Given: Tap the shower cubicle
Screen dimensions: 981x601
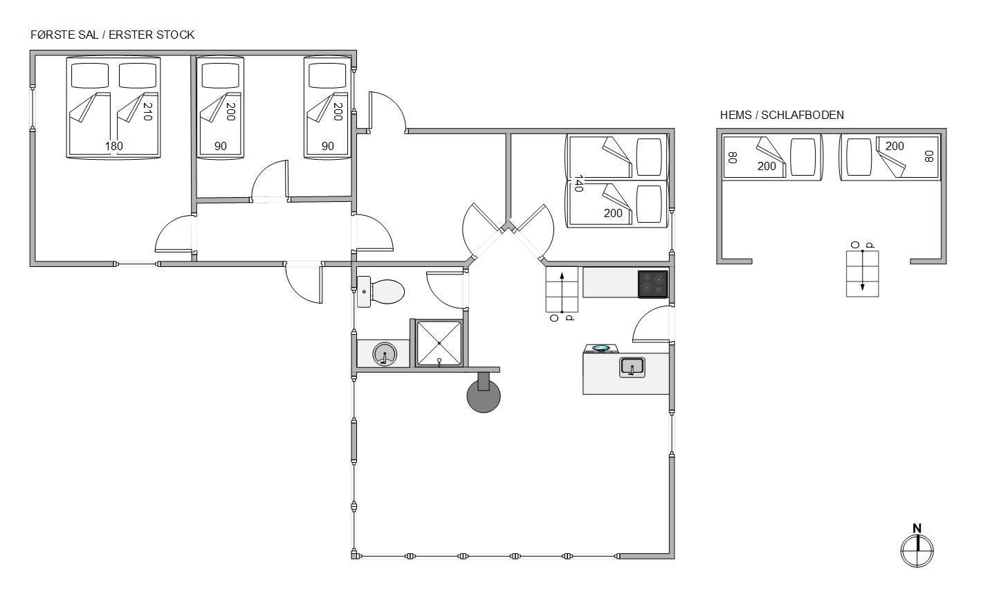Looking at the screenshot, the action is click(x=439, y=343).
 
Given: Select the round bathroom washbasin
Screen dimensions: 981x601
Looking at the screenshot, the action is click(x=385, y=353).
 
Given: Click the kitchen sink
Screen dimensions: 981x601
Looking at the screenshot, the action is click(x=632, y=367).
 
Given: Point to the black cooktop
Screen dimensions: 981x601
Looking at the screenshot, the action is click(x=652, y=284).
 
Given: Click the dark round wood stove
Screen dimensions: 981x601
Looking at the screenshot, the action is click(x=484, y=396).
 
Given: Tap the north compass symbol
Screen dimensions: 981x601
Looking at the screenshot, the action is click(x=917, y=546).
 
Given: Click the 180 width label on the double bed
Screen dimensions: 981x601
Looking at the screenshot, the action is click(x=114, y=146).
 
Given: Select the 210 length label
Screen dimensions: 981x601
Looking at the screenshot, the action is click(x=147, y=111).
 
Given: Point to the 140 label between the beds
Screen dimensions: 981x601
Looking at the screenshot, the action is click(x=578, y=183).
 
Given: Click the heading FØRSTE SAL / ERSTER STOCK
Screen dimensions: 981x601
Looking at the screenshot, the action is click(x=113, y=35).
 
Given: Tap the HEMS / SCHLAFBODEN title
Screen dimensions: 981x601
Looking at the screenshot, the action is click(x=782, y=115).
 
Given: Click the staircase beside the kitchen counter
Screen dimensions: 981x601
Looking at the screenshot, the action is click(x=562, y=290).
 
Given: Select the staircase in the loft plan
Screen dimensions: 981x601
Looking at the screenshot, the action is click(x=862, y=274).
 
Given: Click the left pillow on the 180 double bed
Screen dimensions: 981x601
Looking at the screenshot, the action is click(x=90, y=75).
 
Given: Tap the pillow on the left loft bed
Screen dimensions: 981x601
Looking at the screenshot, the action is click(x=803, y=157).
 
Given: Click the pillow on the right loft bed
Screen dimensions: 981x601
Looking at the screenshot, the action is click(x=859, y=157).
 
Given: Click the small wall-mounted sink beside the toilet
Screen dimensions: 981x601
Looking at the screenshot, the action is click(x=364, y=292).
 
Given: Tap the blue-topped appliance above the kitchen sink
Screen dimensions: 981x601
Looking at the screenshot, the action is click(x=601, y=349).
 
